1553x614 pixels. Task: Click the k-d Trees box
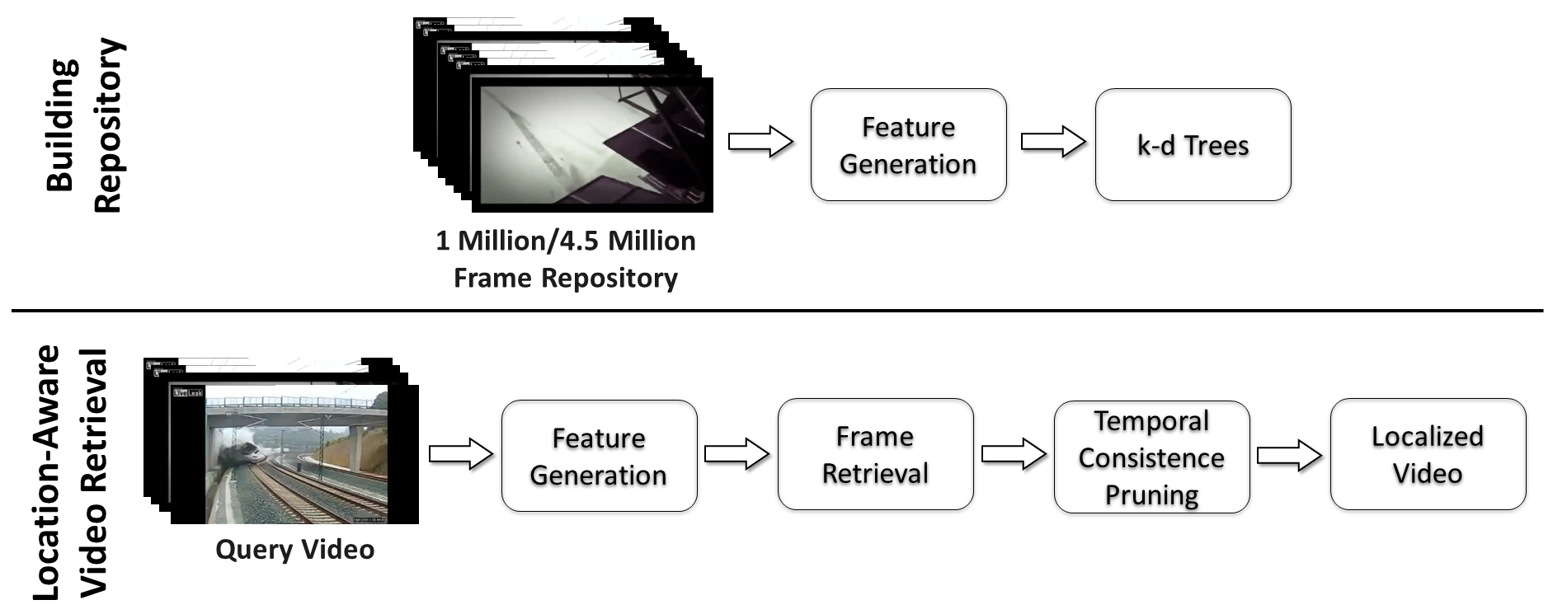tap(1193, 145)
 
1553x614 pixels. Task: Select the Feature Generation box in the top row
tap(908, 145)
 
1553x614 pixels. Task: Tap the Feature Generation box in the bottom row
tap(599, 456)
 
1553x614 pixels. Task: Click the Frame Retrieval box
tap(875, 455)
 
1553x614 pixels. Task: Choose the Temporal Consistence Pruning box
tap(1151, 457)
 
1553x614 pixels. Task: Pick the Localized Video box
tap(1428, 455)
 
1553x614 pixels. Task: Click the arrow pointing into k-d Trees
tap(1053, 142)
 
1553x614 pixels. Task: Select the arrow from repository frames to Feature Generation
tap(760, 142)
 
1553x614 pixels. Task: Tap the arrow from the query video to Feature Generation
tap(460, 454)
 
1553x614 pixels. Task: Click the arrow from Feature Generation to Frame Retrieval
tap(736, 454)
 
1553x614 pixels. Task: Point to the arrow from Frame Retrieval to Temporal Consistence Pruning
tap(1013, 454)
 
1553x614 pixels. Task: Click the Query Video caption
tap(294, 549)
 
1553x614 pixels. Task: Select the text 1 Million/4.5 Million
tap(566, 241)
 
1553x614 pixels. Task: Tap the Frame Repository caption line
tap(566, 278)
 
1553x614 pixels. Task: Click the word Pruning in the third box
tap(1151, 494)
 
